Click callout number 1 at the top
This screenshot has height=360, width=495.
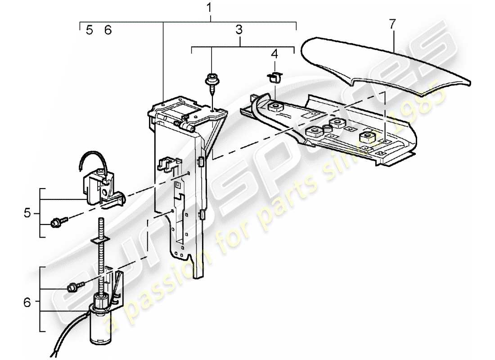coord(209,8)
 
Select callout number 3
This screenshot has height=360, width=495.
coord(238,30)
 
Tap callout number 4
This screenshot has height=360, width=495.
coord(274,54)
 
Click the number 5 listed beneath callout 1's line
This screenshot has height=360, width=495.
coord(90,30)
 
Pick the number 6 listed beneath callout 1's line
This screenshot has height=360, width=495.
coord(108,30)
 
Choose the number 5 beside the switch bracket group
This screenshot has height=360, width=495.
coord(28,212)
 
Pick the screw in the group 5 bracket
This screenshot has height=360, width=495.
coord(58,221)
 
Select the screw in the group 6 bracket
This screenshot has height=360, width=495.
coord(73,287)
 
